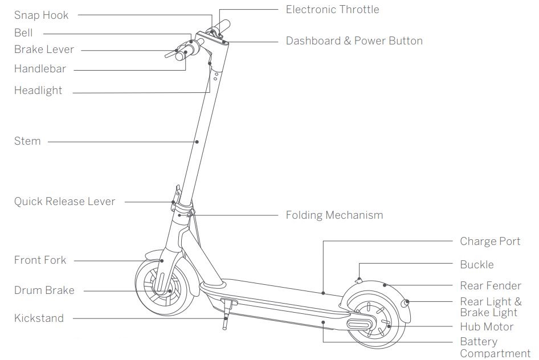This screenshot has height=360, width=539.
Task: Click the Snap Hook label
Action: pyautogui.click(x=41, y=15)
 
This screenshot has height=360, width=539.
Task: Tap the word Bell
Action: pyautogui.click(x=23, y=33)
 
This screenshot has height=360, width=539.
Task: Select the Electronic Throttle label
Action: pyautogui.click(x=332, y=10)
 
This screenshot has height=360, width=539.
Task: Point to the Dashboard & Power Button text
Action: pyautogui.click(x=354, y=41)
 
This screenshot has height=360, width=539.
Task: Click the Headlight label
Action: pyautogui.click(x=38, y=91)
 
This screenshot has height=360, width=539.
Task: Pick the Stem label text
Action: pyautogui.click(x=27, y=141)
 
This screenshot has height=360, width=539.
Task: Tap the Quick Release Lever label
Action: pyautogui.click(x=64, y=201)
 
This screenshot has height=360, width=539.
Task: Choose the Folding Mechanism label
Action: pyautogui.click(x=334, y=215)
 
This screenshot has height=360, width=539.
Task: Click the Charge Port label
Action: pyautogui.click(x=490, y=242)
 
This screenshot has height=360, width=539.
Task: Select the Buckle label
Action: pyautogui.click(x=477, y=264)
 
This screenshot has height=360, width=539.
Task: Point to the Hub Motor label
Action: pyautogui.click(x=487, y=327)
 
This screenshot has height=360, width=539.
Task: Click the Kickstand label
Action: pyautogui.click(x=39, y=318)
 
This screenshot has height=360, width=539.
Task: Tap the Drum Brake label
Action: pyautogui.click(x=44, y=291)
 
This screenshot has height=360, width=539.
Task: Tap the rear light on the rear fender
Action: pyautogui.click(x=406, y=303)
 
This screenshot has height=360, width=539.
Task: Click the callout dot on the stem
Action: pyautogui.click(x=197, y=141)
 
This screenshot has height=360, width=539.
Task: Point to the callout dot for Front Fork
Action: pyautogui.click(x=162, y=261)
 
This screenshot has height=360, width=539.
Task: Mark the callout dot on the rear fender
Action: pyautogui.click(x=385, y=285)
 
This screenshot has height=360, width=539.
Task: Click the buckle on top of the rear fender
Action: pyautogui.click(x=358, y=280)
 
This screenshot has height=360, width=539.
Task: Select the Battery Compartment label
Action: pyautogui.click(x=495, y=347)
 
